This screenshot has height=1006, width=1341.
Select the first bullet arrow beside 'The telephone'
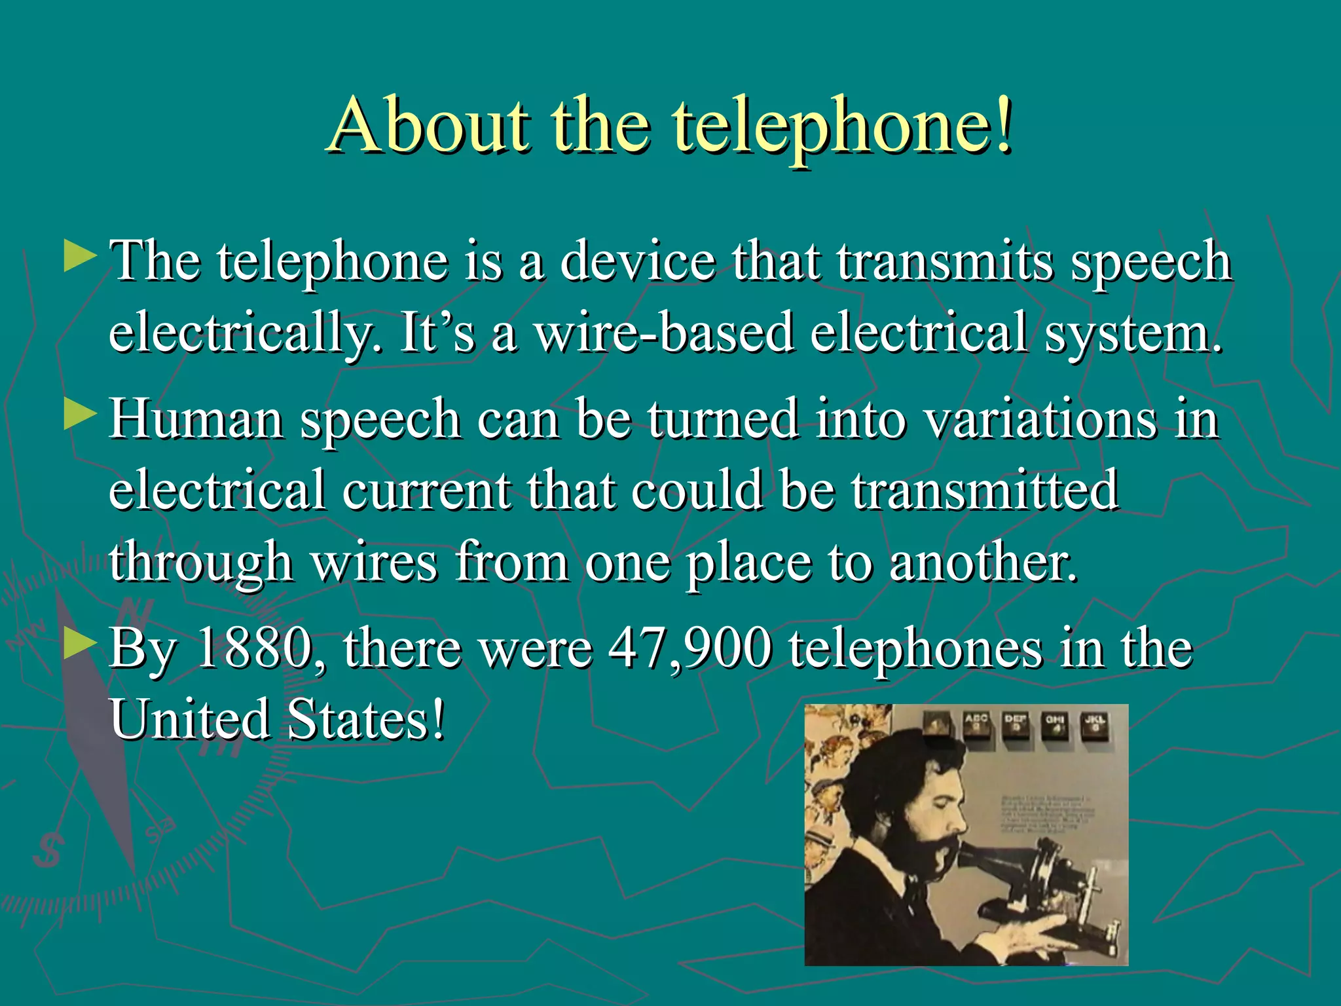[x=80, y=257]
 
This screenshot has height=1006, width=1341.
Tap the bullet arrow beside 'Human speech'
[x=80, y=415]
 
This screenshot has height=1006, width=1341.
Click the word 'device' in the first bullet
[x=638, y=261]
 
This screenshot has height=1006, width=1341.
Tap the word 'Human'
[x=196, y=419]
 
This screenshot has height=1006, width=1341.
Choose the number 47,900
[x=690, y=648]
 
